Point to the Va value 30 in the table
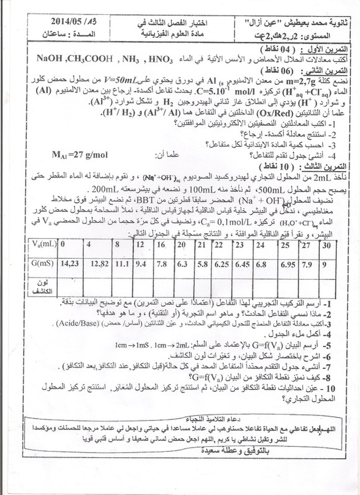[x=327, y=245]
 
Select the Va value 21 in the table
[x=202, y=245]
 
